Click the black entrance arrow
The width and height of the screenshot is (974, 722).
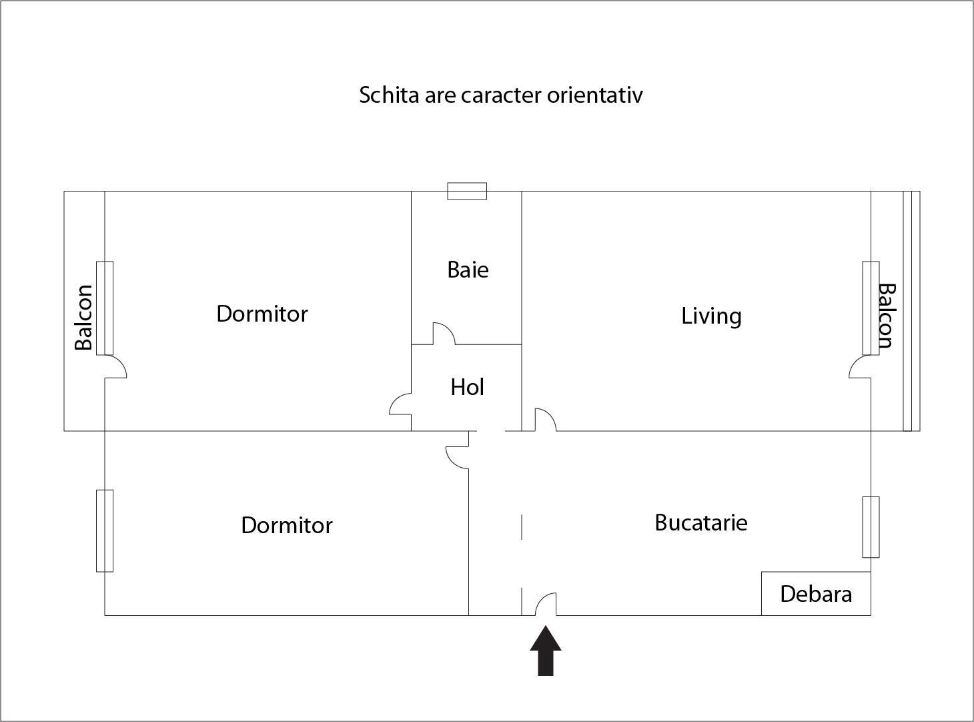(546, 651)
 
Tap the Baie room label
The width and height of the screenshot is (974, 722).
(468, 270)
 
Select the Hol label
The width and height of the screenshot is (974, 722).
(467, 387)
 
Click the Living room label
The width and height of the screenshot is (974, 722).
(711, 316)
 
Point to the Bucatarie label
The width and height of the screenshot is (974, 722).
(701, 522)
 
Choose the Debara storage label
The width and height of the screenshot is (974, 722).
(816, 594)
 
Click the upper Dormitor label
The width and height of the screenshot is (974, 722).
(262, 314)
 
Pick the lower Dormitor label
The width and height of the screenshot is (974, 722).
(287, 525)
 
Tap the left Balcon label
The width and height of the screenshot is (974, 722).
(83, 317)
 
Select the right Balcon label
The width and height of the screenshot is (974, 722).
(887, 316)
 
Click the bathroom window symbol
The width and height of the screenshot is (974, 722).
(467, 191)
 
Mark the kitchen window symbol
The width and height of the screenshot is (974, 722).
(871, 527)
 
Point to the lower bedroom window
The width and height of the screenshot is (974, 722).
(105, 531)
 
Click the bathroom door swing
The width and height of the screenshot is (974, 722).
(444, 334)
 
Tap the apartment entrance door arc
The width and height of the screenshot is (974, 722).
(546, 604)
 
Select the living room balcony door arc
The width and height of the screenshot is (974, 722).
(860, 366)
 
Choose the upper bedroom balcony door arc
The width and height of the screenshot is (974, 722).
(115, 366)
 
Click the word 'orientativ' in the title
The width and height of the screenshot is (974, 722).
(594, 95)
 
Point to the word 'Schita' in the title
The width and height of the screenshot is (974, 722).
(389, 95)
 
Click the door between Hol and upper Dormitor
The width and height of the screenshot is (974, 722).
(400, 404)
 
